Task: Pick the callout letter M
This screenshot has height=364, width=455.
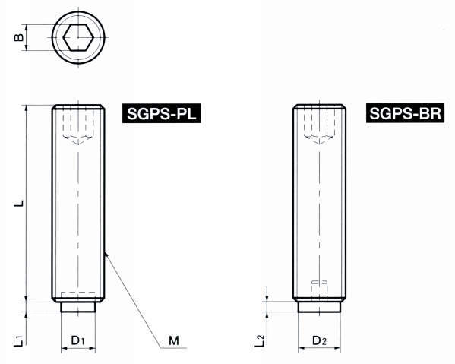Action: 174,341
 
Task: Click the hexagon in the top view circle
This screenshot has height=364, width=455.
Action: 78,35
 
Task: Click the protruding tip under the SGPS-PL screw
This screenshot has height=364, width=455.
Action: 78,306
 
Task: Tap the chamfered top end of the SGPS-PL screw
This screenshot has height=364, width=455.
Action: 78,107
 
